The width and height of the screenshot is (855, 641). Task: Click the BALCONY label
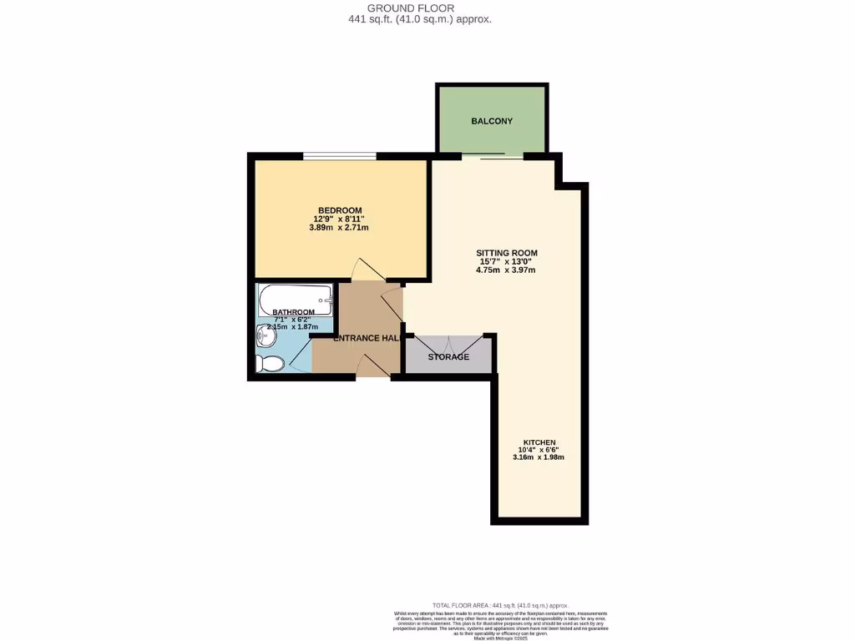click(492, 121)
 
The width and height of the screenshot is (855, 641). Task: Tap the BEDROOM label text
click(340, 209)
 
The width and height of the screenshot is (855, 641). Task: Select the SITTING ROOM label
click(506, 253)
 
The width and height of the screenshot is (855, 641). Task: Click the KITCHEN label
click(539, 442)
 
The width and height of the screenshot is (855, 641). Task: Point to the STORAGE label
click(448, 357)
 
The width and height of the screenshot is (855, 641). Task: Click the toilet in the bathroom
click(271, 363)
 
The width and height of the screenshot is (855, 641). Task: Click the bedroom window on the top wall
click(339, 155)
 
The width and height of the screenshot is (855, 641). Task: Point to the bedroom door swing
click(366, 270)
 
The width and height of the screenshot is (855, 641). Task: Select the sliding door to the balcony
click(492, 156)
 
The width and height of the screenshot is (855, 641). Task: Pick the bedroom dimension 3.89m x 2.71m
click(340, 227)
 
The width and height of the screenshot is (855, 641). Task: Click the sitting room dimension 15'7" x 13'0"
click(506, 261)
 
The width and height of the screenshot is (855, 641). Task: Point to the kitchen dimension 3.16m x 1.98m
click(539, 457)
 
